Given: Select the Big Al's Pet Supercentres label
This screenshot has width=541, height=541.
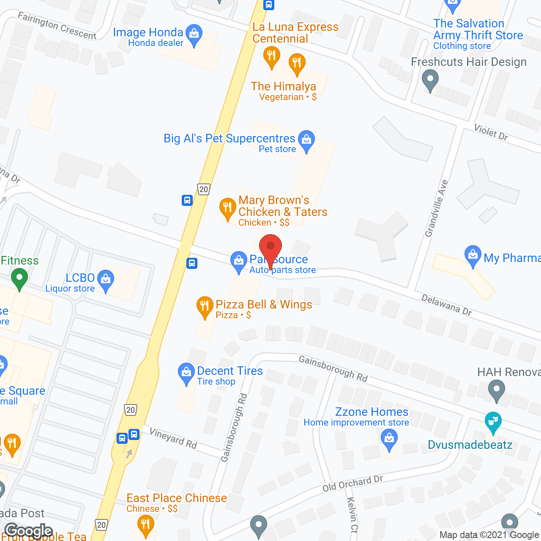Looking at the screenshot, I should (x=230, y=139).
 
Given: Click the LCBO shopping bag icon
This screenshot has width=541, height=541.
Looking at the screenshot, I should (x=106, y=280).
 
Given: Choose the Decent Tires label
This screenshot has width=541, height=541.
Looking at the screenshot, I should (x=230, y=371).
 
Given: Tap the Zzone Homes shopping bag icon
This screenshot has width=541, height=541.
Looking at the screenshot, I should (x=389, y=439).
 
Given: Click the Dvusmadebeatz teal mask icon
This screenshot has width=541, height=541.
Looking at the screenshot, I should (x=493, y=422).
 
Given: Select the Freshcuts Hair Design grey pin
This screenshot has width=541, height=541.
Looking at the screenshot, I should (x=430, y=80).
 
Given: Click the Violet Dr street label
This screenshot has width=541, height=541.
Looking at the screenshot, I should (x=491, y=132).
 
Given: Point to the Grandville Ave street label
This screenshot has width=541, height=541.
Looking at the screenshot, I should (x=437, y=208).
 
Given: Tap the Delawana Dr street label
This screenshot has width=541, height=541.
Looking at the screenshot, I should (x=446, y=305).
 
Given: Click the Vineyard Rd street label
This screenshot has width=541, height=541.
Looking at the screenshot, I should (x=173, y=438).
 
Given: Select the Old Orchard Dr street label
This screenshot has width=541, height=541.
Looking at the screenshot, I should (x=352, y=483).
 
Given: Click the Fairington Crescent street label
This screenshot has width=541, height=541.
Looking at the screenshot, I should (x=57, y=26).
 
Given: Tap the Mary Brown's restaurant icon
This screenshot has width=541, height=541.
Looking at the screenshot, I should (x=227, y=208).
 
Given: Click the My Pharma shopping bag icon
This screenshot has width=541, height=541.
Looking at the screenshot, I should (x=473, y=255).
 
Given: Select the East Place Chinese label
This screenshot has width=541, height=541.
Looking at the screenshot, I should (x=177, y=498).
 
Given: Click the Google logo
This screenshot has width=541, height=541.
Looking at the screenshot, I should (x=29, y=530).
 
